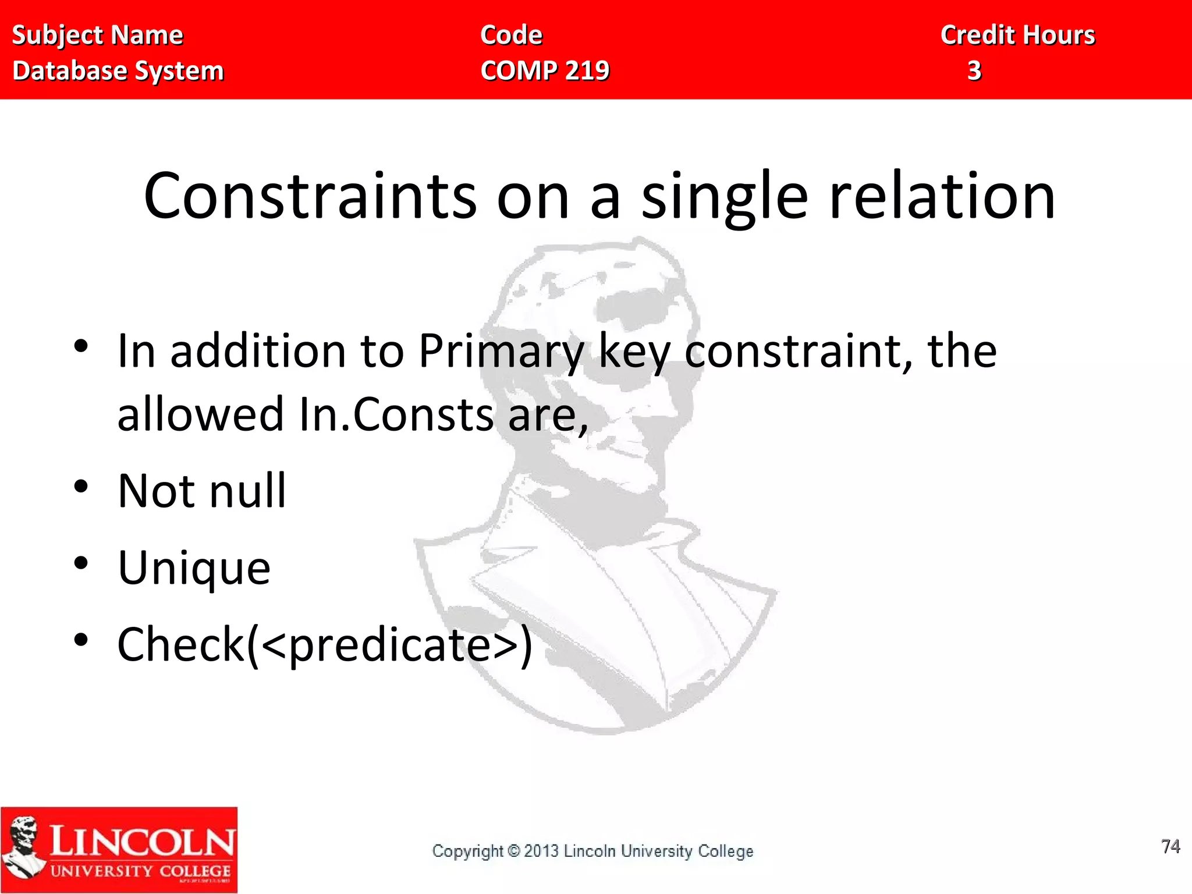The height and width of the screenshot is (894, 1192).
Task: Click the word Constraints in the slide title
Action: click(x=310, y=196)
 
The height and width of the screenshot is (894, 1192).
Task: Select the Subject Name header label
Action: click(x=98, y=35)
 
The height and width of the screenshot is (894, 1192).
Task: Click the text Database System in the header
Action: click(x=118, y=71)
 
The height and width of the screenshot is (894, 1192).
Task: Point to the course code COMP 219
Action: click(x=545, y=71)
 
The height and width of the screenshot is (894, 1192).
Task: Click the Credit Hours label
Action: click(x=1018, y=35)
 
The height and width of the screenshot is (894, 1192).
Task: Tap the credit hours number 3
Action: click(x=974, y=71)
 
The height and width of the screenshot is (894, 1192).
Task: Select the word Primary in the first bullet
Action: click(x=501, y=352)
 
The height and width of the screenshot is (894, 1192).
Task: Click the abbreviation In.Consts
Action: click(x=396, y=414)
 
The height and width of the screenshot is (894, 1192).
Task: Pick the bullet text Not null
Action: click(x=202, y=491)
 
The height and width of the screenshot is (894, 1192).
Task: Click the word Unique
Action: click(x=194, y=567)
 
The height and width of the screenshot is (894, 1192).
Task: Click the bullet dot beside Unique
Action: click(x=81, y=563)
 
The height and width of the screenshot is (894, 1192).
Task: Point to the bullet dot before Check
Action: click(x=81, y=640)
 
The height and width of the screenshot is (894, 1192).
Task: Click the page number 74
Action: click(x=1170, y=846)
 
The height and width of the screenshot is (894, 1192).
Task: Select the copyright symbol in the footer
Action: click(x=513, y=851)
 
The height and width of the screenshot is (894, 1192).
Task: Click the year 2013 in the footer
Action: click(x=541, y=851)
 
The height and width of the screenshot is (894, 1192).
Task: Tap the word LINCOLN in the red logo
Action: click(x=142, y=842)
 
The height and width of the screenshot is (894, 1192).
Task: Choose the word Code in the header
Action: click(x=511, y=35)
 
